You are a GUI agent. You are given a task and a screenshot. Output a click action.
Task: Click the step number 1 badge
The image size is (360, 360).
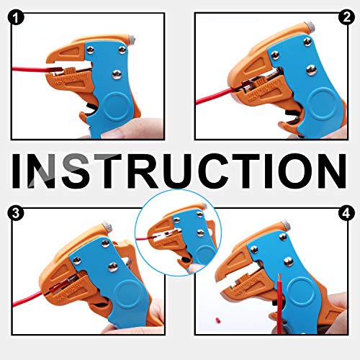[16, 18]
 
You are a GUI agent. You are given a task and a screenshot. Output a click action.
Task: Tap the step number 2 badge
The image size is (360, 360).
[346, 17]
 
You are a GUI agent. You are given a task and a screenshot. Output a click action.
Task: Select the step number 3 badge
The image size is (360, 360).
[16, 213]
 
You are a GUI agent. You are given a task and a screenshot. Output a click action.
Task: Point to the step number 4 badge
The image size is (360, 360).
[346, 213]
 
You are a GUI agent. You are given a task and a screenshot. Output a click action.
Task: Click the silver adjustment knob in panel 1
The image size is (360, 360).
[132, 39]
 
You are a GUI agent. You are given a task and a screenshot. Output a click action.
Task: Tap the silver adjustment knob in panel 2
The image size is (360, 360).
[310, 25]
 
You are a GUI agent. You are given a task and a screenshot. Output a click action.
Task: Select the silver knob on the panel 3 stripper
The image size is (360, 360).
[107, 226]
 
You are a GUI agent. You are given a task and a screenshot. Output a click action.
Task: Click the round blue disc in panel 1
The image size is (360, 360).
[116, 107]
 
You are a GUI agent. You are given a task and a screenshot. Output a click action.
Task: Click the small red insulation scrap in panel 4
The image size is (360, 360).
[218, 320]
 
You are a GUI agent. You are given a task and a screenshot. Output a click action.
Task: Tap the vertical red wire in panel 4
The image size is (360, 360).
[279, 304]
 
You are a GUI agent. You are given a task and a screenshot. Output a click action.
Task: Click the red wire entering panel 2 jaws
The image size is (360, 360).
[215, 96]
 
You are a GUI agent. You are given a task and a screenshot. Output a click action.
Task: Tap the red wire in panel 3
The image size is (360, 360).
[30, 299]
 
